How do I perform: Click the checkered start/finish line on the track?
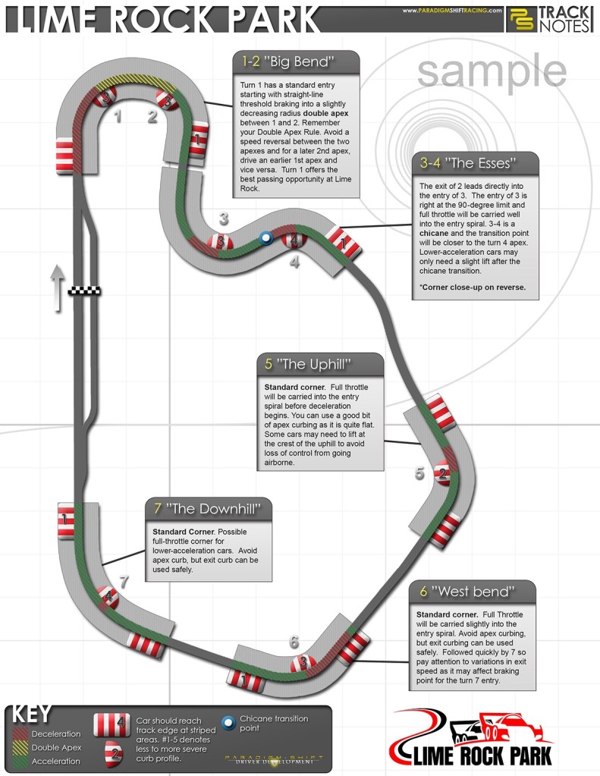point(84,291)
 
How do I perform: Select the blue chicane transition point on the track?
point(265,238)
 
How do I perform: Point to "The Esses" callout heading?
point(479,162)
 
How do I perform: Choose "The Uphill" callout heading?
point(319,363)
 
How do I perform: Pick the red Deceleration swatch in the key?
point(20,734)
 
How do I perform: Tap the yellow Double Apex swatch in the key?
point(20,748)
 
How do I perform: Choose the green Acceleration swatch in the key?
point(20,762)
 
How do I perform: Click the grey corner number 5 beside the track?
point(419,474)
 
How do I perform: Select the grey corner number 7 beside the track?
point(124,582)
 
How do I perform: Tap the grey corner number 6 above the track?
point(294,642)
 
